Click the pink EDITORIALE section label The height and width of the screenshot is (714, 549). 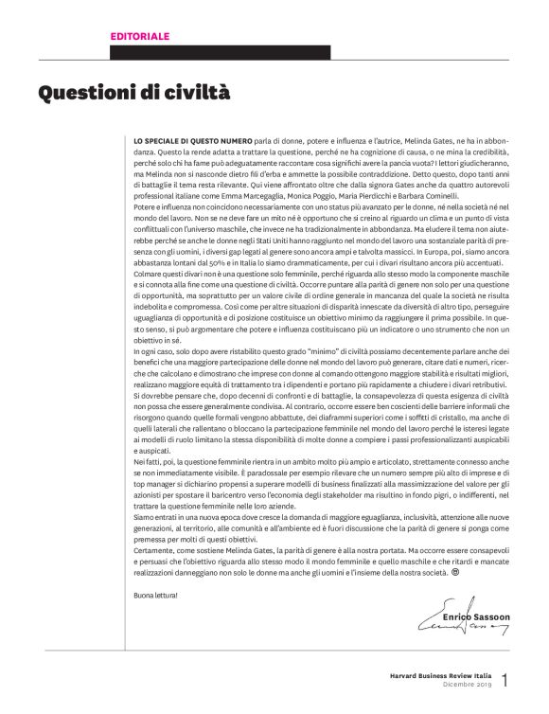[x=141, y=36]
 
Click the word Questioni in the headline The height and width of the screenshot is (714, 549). [x=86, y=94]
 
